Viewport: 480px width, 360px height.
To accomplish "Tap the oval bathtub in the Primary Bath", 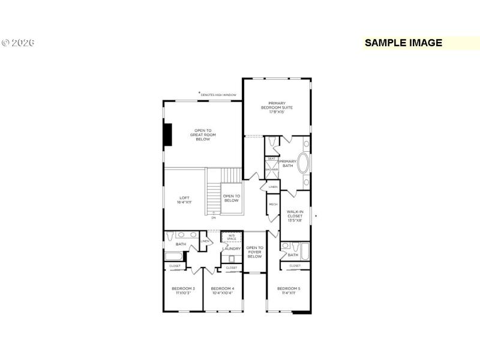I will point(304,164).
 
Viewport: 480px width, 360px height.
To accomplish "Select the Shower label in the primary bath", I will point(272,170).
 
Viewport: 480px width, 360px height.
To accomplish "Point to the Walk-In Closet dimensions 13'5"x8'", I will point(295,220).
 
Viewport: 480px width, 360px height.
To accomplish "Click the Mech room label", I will point(273,205).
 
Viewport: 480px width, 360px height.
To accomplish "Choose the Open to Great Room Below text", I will point(202,135).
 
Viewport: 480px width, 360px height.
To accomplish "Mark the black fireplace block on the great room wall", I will point(168,134).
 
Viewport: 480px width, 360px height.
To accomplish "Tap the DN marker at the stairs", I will point(213,218).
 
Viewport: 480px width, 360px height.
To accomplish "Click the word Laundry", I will point(232,248).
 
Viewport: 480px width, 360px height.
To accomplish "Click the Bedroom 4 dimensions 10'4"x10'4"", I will point(223,293).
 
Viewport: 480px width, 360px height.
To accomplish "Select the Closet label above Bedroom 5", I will point(295,266).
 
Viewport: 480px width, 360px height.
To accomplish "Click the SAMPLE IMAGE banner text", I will point(403,43).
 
